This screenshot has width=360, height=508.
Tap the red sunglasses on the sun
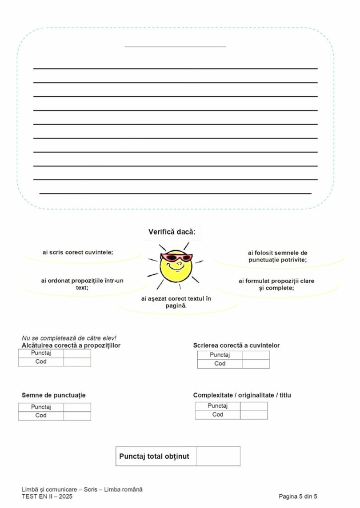point(177,257)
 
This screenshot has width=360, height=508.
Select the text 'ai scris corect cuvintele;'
point(78,252)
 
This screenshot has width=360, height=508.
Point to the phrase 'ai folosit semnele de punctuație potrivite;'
point(277,256)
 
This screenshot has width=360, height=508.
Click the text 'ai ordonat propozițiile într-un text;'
point(82,284)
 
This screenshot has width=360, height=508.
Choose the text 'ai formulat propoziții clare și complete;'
point(276,284)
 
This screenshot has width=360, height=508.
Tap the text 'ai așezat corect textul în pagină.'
point(176,302)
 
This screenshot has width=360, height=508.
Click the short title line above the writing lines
point(175,46)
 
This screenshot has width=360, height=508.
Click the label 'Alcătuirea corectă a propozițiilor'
point(71,345)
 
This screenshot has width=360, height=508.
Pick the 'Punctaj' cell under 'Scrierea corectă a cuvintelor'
point(220,355)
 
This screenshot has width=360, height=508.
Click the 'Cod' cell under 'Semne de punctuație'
point(41,416)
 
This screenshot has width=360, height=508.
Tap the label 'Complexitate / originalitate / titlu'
point(242,395)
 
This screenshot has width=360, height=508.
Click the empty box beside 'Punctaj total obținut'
point(218,456)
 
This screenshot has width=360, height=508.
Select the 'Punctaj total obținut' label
point(154,456)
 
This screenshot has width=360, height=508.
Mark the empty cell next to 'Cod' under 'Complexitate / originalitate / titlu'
point(254,415)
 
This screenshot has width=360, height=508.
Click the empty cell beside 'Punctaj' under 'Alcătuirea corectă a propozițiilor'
point(77,353)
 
